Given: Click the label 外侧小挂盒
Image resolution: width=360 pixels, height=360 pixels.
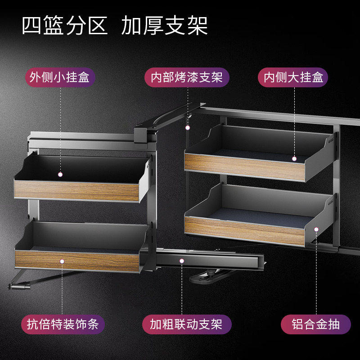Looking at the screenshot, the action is [60, 77].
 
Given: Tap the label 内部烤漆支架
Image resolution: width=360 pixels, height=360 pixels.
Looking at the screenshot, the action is [187, 77].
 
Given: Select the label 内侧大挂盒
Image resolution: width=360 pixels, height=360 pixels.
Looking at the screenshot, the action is [293, 77].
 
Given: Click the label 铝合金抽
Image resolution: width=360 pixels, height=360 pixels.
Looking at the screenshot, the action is [315, 324].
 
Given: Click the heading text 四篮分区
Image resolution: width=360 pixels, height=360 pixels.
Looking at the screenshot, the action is [65, 27].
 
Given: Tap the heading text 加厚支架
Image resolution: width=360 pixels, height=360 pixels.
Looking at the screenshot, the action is [164, 27].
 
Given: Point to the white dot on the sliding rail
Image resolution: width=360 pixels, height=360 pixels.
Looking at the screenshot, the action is [182, 261].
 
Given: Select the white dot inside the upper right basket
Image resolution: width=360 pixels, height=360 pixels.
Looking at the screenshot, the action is [294, 158].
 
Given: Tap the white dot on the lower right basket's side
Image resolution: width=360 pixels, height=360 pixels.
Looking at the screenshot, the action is [316, 229].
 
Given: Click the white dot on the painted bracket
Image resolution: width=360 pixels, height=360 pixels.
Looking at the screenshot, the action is [187, 128].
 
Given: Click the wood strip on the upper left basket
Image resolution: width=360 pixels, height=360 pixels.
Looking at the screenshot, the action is [76, 191].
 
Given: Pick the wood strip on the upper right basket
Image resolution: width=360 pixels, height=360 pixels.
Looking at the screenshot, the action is [238, 166].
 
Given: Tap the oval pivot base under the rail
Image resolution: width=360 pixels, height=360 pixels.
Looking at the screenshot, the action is [207, 275].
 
